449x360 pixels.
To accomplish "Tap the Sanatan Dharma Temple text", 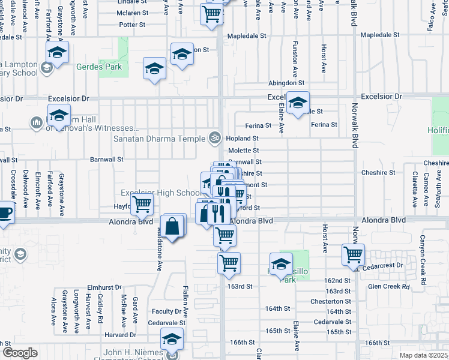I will [x=159, y=138].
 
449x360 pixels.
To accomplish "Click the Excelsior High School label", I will [x=161, y=193].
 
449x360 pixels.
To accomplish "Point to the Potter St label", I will [x=132, y=25].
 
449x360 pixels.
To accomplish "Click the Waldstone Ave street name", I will [x=160, y=247].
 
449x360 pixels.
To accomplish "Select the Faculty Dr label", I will [x=166, y=311].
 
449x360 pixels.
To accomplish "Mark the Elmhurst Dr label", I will [x=104, y=287].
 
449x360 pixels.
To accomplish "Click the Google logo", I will [x=19, y=353].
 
